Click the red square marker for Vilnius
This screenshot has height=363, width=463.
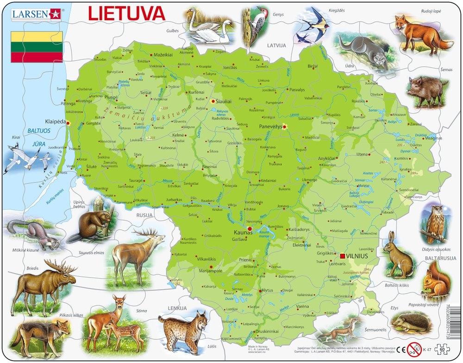pos(343,256)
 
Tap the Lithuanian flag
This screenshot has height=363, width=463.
pos(37,47)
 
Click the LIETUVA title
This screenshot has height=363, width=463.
pos(126,13)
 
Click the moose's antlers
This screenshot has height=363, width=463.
pos(63,266)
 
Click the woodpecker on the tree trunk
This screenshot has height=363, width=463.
pos(255,21)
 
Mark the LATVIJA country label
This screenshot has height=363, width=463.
pos(277,45)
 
